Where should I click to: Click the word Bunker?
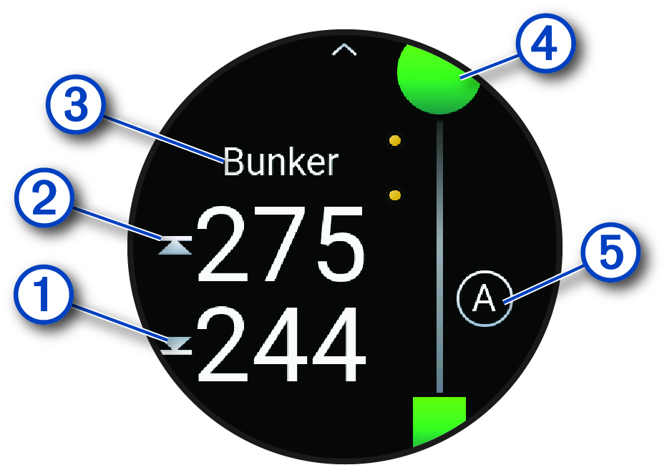pyautogui.click(x=280, y=162)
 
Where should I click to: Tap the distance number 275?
pyautogui.click(x=281, y=245)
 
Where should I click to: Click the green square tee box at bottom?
pyautogui.click(x=439, y=421)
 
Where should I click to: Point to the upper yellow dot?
pyautogui.click(x=394, y=141)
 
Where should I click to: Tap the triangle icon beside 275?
pyautogui.click(x=176, y=248)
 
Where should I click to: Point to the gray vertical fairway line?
pyautogui.click(x=439, y=258)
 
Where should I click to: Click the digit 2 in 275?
pyautogui.click(x=223, y=245)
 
